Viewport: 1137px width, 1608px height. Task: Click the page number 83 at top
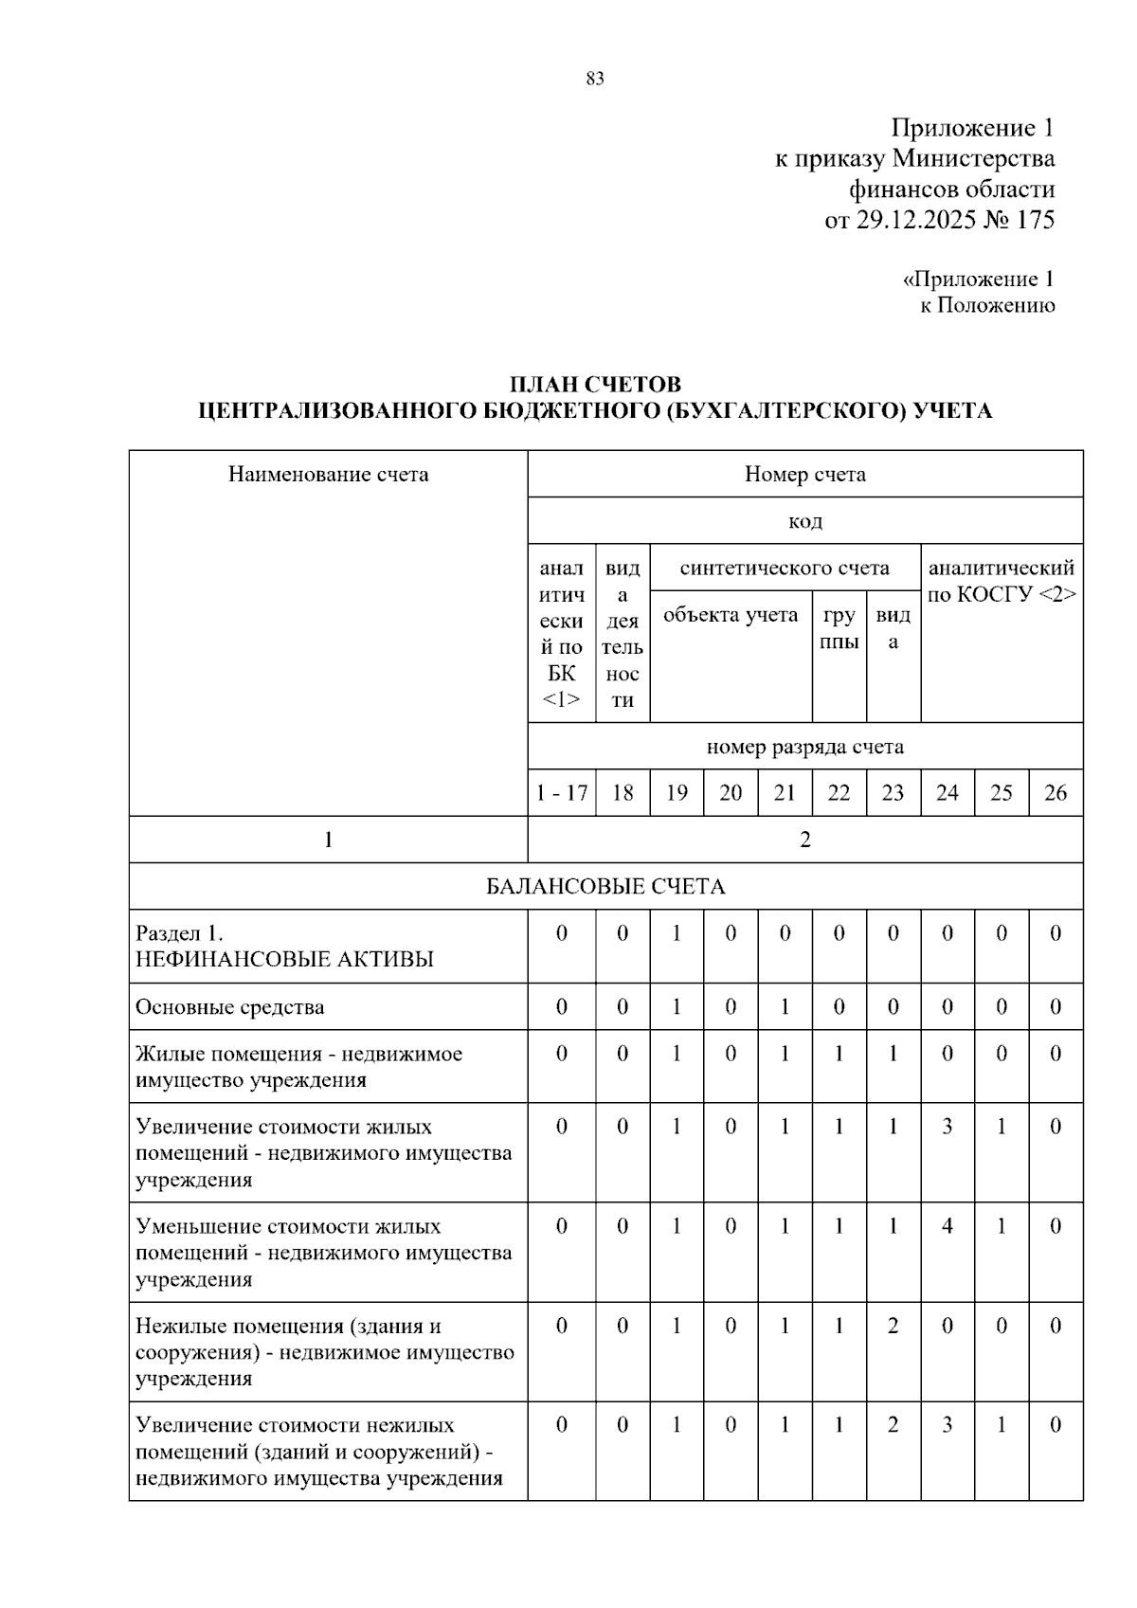pos(595,79)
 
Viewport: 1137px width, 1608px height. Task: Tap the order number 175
pos(1035,220)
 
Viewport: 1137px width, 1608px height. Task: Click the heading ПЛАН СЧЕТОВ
pos(595,385)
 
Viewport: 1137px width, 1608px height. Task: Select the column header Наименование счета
pos(328,474)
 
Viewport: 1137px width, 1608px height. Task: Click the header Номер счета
pos(804,474)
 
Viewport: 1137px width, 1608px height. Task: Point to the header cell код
pos(804,521)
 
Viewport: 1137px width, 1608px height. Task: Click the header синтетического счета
pos(785,568)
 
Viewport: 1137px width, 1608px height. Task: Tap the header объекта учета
pos(731,615)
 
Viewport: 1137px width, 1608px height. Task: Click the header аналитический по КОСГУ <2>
pos(1002,581)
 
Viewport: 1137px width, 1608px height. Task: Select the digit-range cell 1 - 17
pos(561,793)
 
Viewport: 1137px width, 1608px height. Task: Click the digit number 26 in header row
pos(1056,793)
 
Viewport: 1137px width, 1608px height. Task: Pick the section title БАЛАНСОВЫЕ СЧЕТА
pos(605,887)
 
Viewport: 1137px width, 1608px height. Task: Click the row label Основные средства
pos(229,1007)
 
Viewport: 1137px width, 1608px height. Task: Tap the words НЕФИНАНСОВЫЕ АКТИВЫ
pos(284,959)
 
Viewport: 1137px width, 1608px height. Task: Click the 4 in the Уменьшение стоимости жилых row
pos(947,1226)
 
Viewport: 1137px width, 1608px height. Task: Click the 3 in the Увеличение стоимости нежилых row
pos(947,1425)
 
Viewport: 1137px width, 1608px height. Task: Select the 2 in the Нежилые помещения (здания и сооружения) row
pos(893,1326)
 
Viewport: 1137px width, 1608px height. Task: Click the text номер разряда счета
pos(804,747)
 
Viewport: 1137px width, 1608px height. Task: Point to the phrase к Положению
pos(987,305)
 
